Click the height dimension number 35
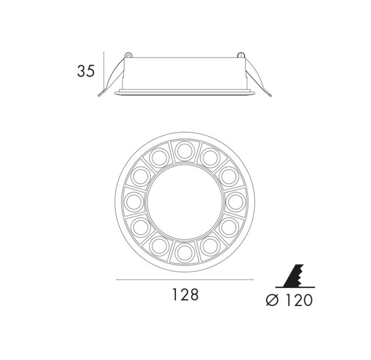pos(86,71)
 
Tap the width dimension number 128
pos(185,294)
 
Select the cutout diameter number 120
pos(299,300)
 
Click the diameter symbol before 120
pos(273,300)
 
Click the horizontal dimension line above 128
pos(185,280)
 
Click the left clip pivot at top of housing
pos(128,55)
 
